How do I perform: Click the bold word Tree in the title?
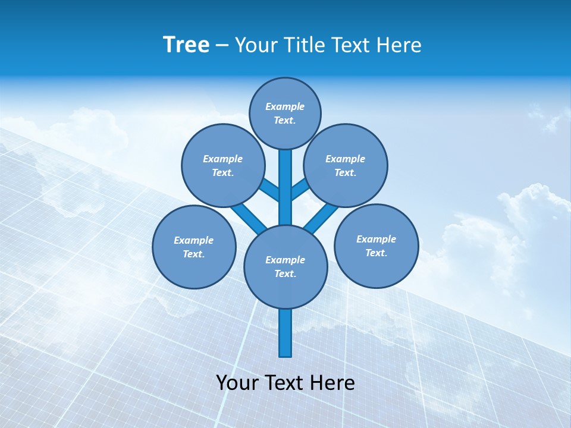coord(186,45)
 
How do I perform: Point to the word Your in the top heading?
coord(257,45)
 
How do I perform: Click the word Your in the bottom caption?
coord(238,383)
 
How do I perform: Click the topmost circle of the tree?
coord(285,113)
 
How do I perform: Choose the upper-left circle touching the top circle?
coord(222,165)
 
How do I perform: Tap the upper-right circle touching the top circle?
coord(346,165)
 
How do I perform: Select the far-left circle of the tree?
coord(194,247)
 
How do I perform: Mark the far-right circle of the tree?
coord(376,246)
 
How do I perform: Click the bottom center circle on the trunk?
coord(285,266)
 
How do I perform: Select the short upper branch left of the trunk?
coord(270,190)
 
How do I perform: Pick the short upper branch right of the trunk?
coord(299,188)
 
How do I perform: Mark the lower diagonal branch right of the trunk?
coord(321,218)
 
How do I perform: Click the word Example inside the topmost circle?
coord(285,106)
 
